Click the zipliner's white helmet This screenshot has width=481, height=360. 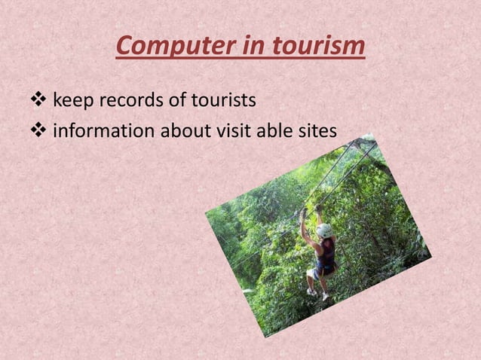pos(323,230)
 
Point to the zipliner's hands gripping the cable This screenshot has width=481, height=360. pos(304,213)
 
